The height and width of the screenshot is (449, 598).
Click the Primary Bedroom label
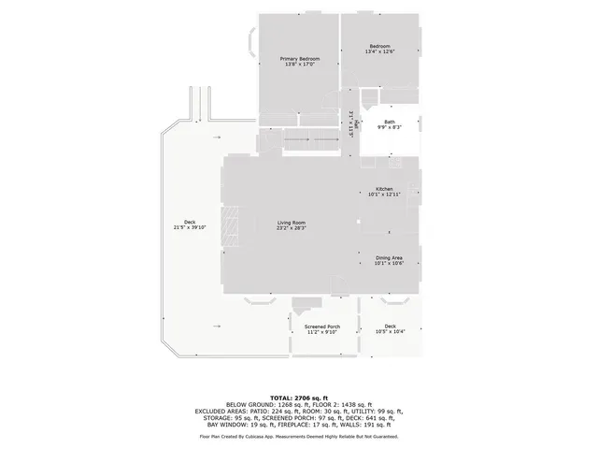(x=298, y=58)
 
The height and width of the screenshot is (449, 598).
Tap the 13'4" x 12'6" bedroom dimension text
(x=378, y=51)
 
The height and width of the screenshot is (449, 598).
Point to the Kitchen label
(x=384, y=189)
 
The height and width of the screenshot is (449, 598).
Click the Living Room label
(x=292, y=223)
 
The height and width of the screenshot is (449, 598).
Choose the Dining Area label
(x=389, y=257)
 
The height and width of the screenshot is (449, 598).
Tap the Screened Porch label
(x=321, y=326)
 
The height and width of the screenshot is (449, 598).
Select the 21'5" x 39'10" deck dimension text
(x=190, y=227)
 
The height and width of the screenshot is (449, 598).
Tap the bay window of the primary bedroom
(x=252, y=43)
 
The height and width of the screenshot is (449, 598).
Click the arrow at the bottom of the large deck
(x=218, y=326)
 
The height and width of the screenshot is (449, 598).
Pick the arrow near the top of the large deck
(x=218, y=137)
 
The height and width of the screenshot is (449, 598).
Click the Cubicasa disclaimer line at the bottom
(x=299, y=436)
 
